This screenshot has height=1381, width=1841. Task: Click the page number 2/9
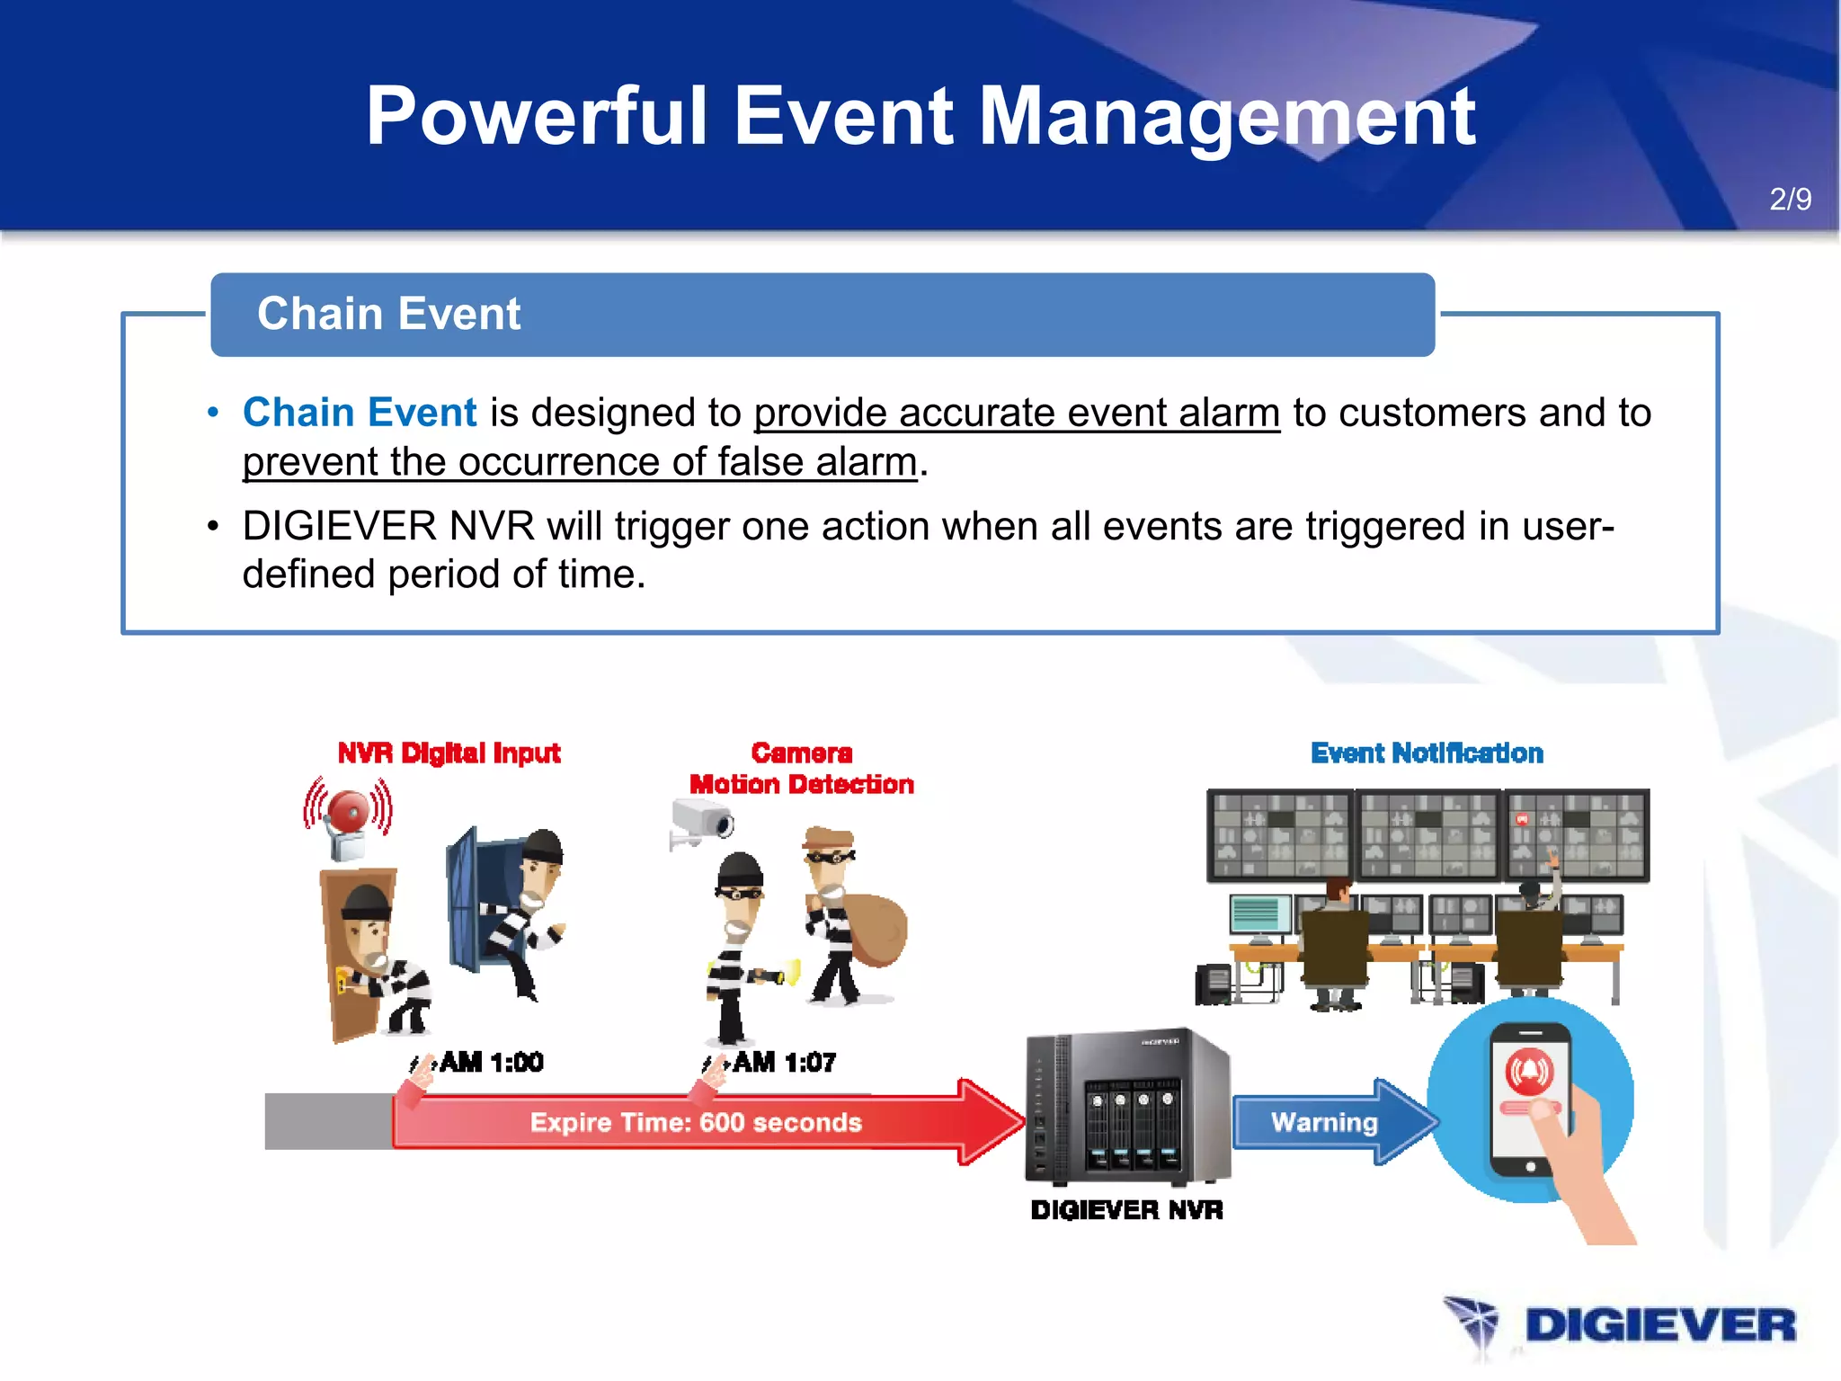click(x=1790, y=199)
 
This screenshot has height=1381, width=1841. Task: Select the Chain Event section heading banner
click(x=822, y=315)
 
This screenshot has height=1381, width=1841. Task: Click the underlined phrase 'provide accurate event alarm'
click(x=1016, y=414)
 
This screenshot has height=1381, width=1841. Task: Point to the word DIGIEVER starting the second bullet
click(x=342, y=527)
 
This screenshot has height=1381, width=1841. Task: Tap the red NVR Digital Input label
click(x=449, y=753)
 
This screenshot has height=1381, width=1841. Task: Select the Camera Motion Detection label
click(x=801, y=769)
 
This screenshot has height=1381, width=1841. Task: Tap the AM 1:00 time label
click(x=491, y=1063)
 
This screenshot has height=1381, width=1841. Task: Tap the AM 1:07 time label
click(x=784, y=1063)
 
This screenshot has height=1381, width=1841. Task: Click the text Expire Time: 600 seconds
click(x=695, y=1123)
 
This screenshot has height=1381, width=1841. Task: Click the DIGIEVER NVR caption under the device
click(x=1126, y=1210)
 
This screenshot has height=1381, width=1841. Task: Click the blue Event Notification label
click(x=1427, y=753)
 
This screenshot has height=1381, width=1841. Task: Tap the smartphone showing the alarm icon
click(x=1529, y=1099)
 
